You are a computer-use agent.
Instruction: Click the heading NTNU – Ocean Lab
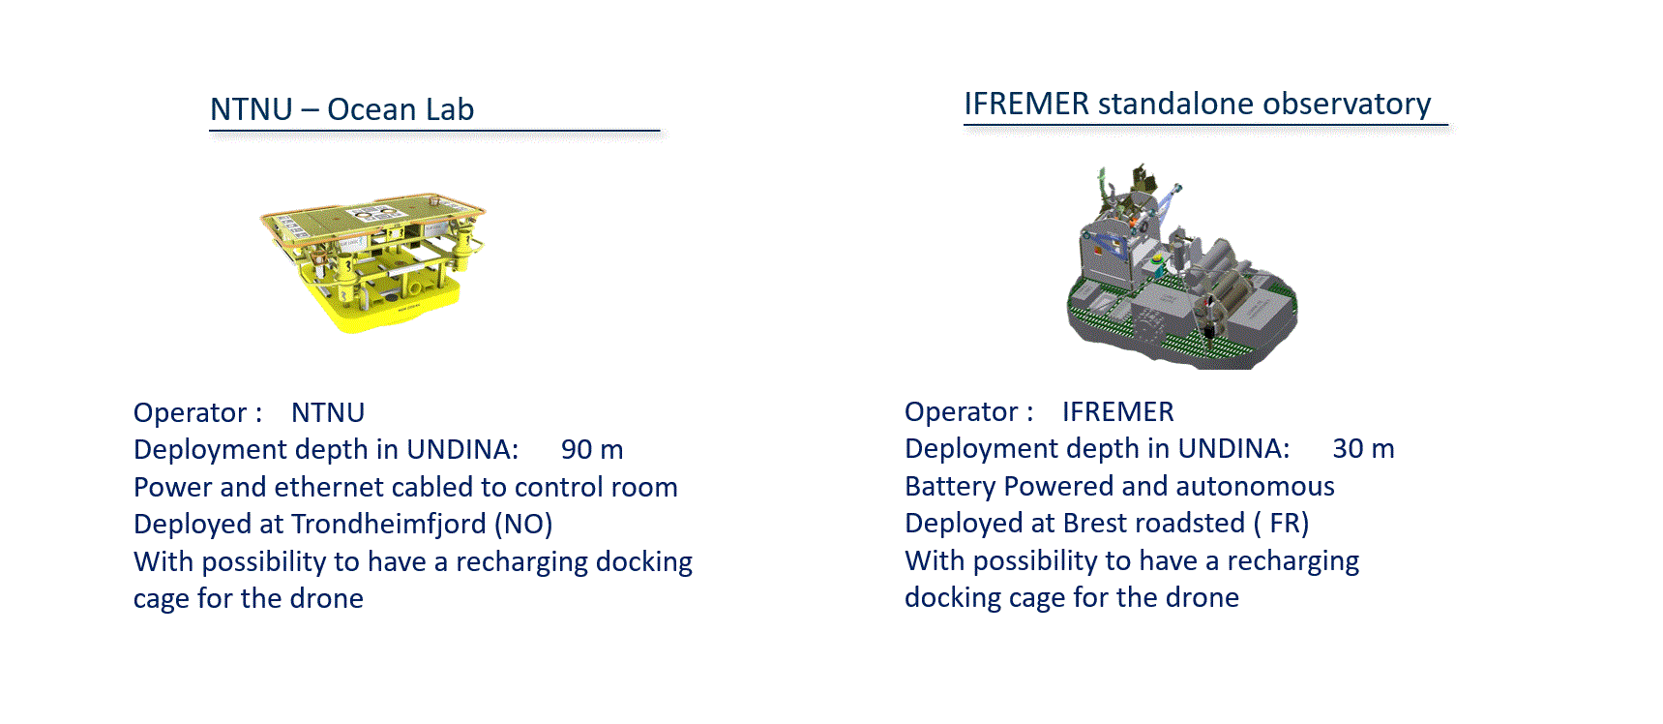click(x=342, y=109)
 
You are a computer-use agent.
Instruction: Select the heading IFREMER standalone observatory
click(x=1198, y=104)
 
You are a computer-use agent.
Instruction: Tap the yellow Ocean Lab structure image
click(x=373, y=261)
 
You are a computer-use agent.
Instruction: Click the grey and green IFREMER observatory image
click(x=1181, y=267)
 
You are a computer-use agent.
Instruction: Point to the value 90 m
click(x=592, y=449)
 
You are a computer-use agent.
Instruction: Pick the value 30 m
click(x=1363, y=448)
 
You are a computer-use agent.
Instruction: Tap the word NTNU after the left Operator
click(x=328, y=412)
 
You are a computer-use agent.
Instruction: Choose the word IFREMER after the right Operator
click(x=1118, y=411)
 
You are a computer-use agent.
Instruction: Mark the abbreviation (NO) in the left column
click(x=523, y=524)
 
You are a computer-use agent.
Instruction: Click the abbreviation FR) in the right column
click(x=1290, y=523)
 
